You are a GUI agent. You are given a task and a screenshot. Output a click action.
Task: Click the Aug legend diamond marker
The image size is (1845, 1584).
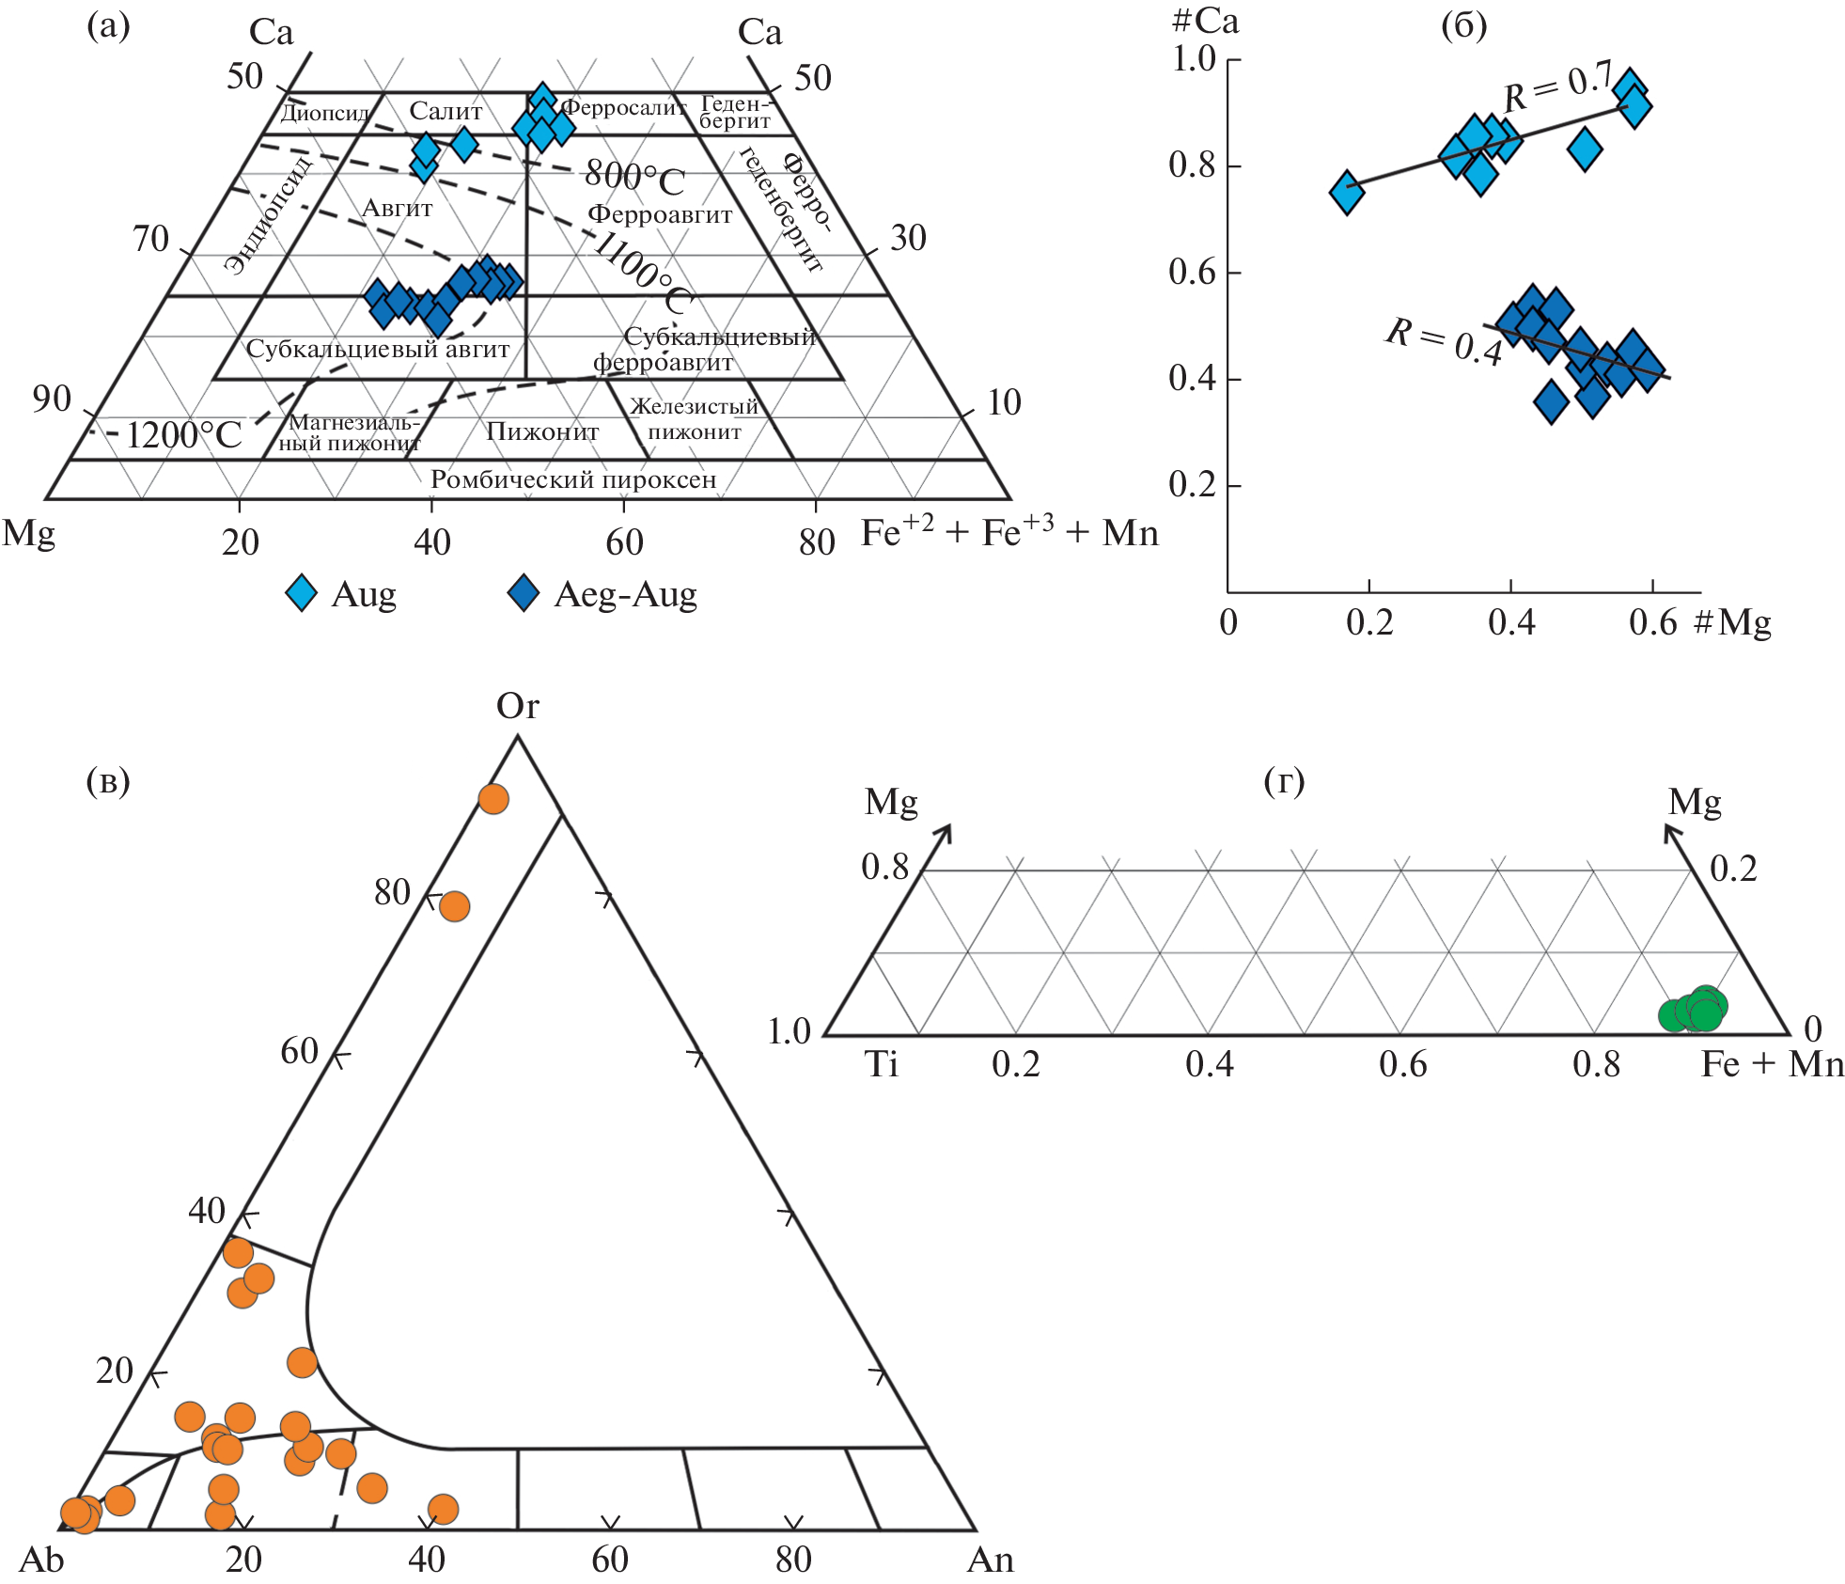click(x=302, y=593)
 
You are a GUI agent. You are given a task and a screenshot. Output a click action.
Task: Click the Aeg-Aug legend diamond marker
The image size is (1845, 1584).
click(x=523, y=593)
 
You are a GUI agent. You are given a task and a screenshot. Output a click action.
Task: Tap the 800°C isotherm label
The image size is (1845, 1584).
click(x=634, y=176)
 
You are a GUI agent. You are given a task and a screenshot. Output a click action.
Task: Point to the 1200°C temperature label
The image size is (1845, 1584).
click(x=183, y=435)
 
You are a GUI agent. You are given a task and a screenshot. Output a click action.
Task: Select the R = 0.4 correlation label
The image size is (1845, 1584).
click(x=1445, y=341)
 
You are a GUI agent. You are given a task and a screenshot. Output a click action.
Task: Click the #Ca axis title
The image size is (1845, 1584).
click(x=1206, y=22)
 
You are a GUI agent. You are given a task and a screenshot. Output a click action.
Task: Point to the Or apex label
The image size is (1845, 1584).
click(x=518, y=706)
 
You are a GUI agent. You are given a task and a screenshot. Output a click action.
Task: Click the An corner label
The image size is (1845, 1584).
click(x=991, y=1560)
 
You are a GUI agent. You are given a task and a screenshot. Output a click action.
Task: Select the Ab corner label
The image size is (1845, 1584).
click(x=41, y=1560)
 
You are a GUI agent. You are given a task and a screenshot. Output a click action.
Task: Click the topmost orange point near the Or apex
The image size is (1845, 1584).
click(x=493, y=799)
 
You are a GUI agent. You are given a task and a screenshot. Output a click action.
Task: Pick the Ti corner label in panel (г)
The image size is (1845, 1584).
click(x=881, y=1064)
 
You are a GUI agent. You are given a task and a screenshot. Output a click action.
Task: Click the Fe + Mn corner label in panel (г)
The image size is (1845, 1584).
click(x=1772, y=1064)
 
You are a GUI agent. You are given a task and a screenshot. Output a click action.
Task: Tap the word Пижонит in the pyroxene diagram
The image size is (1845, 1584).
click(x=542, y=431)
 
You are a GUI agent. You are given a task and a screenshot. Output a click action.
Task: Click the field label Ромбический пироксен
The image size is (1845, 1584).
click(x=573, y=479)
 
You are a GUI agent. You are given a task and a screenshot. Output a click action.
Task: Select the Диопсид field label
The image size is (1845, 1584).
click(x=325, y=113)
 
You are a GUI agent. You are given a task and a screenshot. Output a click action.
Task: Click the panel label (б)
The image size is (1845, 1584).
click(x=1463, y=26)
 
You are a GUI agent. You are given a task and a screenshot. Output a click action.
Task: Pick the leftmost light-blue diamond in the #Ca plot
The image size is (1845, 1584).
click(x=1347, y=193)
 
